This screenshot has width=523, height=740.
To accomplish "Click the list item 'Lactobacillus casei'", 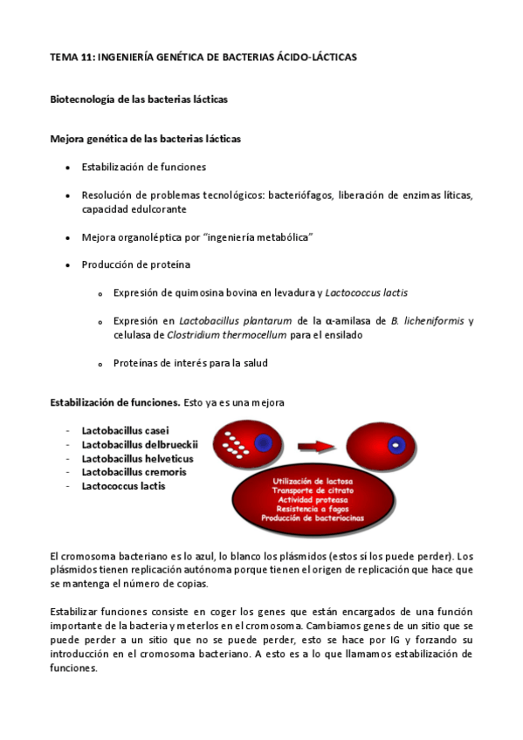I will pos(125,430).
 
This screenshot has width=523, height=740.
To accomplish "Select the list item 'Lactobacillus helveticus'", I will pos(137,458).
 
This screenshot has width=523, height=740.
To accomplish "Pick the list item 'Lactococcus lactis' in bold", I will pos(123,486).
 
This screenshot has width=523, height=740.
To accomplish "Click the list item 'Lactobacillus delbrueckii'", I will pos(140,444).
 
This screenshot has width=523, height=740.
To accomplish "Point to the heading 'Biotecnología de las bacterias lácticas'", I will pos(139,99).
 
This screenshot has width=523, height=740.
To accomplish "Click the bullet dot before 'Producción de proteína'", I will pos(67,265).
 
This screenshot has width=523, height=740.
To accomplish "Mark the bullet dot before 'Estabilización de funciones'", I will pos(67,168).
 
